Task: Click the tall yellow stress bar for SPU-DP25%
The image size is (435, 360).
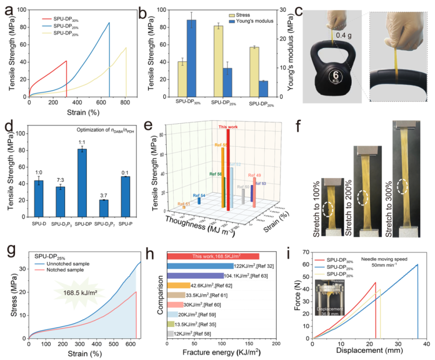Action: (218, 61)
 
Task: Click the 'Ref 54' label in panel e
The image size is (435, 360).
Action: (198, 195)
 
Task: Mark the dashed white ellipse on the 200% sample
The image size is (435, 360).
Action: (362, 198)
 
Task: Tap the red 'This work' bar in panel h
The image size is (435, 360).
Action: (213, 257)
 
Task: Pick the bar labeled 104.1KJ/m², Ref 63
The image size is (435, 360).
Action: (195, 276)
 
